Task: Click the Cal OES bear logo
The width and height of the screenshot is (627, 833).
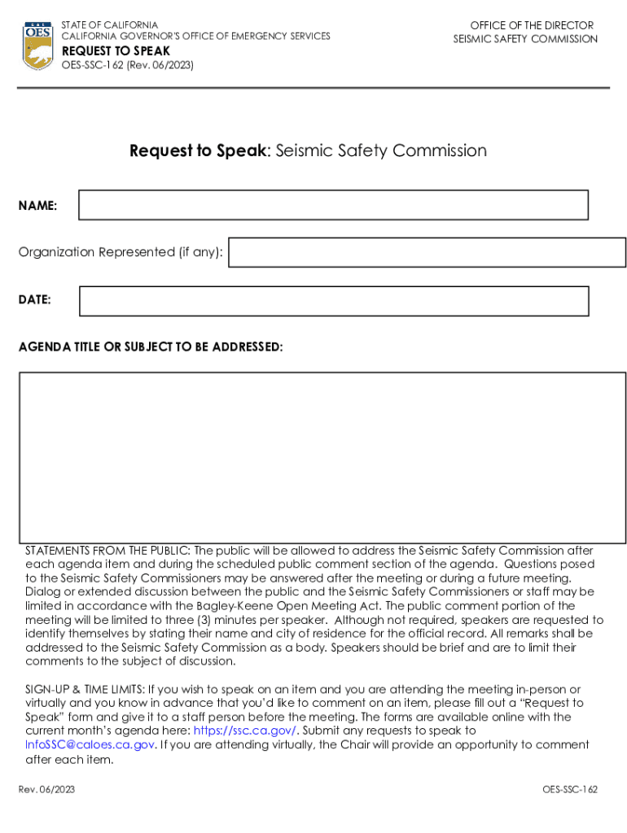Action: (38, 46)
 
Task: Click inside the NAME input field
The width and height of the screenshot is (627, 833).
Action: (333, 205)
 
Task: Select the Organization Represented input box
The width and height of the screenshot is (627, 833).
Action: (427, 252)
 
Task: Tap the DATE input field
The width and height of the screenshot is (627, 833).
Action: (333, 301)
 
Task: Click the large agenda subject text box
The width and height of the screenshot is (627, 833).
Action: (322, 457)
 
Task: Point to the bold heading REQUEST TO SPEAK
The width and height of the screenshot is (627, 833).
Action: (116, 50)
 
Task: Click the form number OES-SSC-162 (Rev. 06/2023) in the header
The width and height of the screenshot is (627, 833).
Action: (127, 65)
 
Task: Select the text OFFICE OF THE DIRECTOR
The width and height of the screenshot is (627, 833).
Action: (532, 25)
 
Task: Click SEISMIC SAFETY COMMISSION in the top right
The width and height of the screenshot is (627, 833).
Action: (525, 39)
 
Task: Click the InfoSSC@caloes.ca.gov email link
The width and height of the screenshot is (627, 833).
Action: (90, 744)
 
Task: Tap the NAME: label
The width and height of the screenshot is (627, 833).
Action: (37, 206)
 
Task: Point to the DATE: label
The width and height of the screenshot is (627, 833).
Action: (35, 300)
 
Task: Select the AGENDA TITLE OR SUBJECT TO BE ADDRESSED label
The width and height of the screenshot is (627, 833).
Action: (151, 347)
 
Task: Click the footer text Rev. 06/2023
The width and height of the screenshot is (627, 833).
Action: (46, 789)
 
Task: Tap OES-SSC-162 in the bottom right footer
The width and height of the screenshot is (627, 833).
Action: (570, 789)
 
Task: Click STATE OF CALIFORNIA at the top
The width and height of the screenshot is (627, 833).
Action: (109, 25)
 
